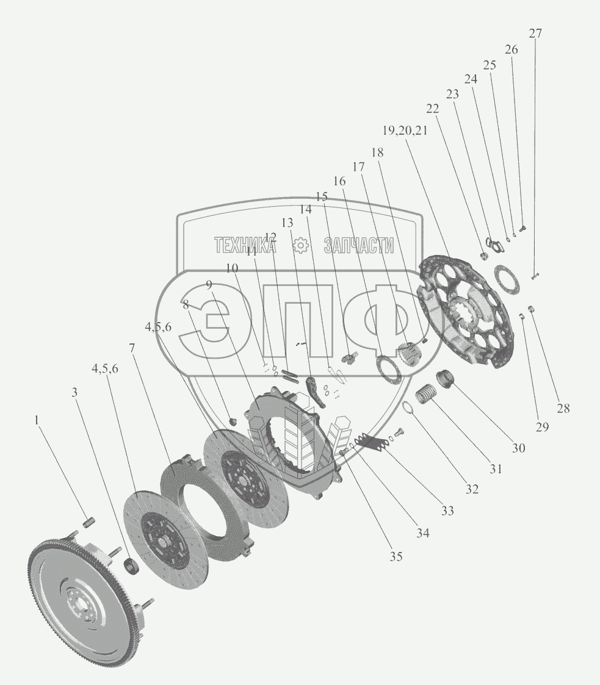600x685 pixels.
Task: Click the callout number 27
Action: pos(535,34)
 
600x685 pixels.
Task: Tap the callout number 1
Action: pos(38,420)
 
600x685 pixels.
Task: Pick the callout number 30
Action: pos(518,448)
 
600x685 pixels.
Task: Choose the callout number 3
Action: pos(75,393)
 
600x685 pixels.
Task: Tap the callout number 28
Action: pos(563,409)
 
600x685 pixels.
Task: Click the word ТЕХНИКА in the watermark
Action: pos(244,245)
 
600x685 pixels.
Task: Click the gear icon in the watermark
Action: pos(300,245)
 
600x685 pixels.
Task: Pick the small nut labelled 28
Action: pos(532,308)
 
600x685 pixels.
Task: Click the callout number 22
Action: pos(432,109)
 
